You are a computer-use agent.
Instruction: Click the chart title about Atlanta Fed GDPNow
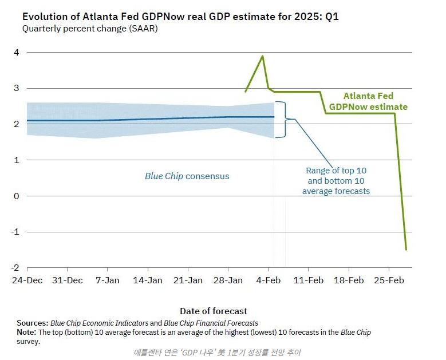coord(180,17)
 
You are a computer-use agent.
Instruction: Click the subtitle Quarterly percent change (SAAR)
coord(90,29)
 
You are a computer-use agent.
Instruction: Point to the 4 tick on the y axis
coord(17,53)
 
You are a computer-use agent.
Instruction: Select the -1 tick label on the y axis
coord(16,232)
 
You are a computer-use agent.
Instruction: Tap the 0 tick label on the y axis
coord(17,196)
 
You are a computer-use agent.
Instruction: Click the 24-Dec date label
coord(27,280)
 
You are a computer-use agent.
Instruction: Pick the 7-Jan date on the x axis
coord(107,280)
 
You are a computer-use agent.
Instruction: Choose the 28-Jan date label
coord(228,280)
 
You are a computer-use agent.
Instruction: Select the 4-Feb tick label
coord(268,280)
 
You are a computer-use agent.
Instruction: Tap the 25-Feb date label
coord(388,280)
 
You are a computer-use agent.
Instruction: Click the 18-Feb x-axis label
coord(348,280)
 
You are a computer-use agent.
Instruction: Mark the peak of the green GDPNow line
coord(263,56)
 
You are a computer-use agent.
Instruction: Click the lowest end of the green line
coord(406,250)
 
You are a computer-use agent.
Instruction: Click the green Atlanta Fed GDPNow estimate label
coord(368,101)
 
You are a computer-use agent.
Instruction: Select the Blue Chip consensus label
coord(187,176)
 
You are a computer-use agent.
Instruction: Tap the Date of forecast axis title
coord(214,311)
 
